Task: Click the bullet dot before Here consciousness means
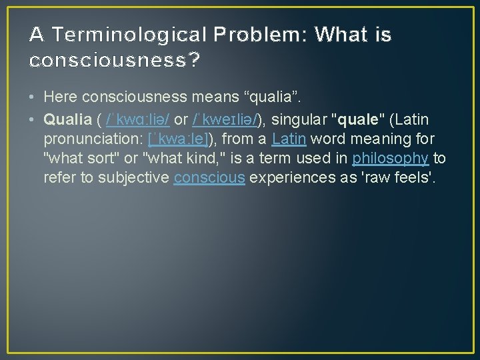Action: pyautogui.click(x=33, y=97)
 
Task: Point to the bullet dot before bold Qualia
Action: pyautogui.click(x=33, y=119)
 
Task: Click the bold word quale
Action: pyautogui.click(x=359, y=119)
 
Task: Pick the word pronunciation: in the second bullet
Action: pyautogui.click(x=90, y=139)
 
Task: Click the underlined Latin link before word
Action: pyautogui.click(x=289, y=139)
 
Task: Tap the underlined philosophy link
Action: pyautogui.click(x=391, y=158)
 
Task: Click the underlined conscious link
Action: pyautogui.click(x=209, y=177)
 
